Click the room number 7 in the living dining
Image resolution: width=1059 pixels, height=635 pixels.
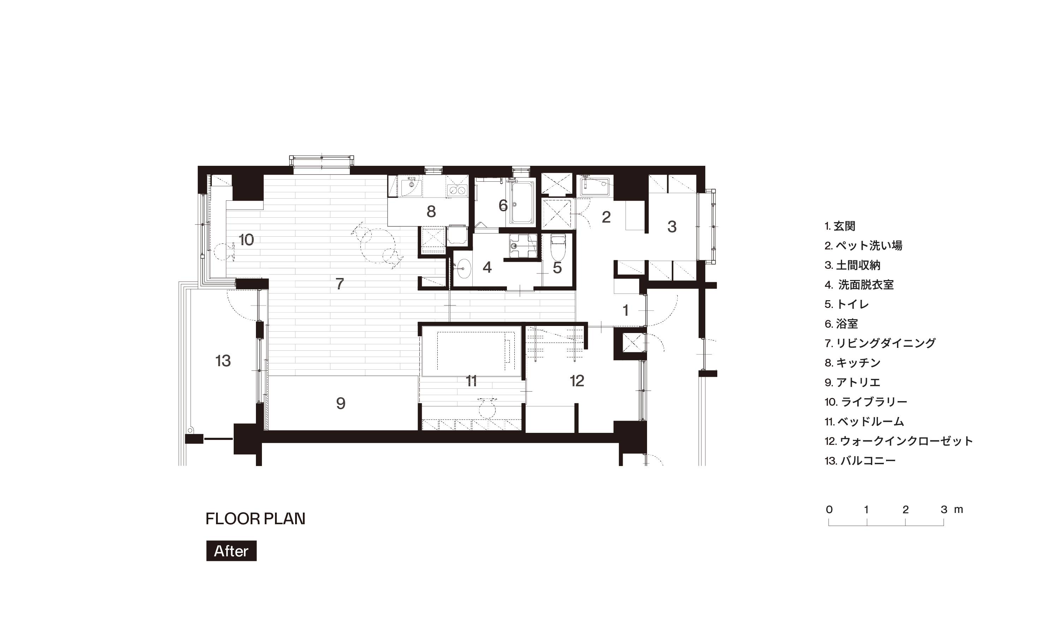[x=340, y=284]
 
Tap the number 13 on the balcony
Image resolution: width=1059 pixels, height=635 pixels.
[x=223, y=361]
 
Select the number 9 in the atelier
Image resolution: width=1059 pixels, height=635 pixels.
[x=341, y=403]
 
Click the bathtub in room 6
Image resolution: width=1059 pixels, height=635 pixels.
[x=522, y=203]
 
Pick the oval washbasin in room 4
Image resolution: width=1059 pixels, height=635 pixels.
[x=463, y=269]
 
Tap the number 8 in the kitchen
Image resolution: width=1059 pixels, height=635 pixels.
[x=431, y=211]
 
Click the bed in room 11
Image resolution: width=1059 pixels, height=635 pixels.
[x=471, y=351]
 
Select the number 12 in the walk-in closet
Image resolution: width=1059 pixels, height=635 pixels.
[x=577, y=380]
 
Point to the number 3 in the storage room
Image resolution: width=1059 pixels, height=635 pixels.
[x=672, y=226]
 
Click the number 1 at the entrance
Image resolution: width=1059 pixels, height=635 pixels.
[x=626, y=310]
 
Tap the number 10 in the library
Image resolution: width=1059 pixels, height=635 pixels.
[x=246, y=240]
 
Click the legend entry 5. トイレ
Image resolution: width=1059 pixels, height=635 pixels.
[x=847, y=304]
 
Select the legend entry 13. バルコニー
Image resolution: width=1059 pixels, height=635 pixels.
[x=860, y=461]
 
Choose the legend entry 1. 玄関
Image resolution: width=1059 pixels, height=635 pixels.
[x=840, y=226]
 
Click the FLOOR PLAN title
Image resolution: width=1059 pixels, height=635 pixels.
[x=255, y=519]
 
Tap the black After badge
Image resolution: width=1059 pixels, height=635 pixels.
[x=231, y=551]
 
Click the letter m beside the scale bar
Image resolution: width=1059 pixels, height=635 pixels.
[x=958, y=510]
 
